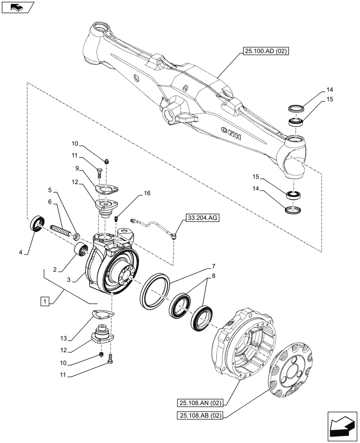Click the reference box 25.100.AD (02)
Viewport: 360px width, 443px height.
[x=265, y=52]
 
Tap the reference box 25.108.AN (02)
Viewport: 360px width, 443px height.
[x=201, y=403]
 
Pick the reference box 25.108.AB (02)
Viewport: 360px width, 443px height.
[x=201, y=415]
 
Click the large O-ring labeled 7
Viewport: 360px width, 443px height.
[x=154, y=291]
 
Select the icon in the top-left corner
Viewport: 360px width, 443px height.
[x=17, y=7]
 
